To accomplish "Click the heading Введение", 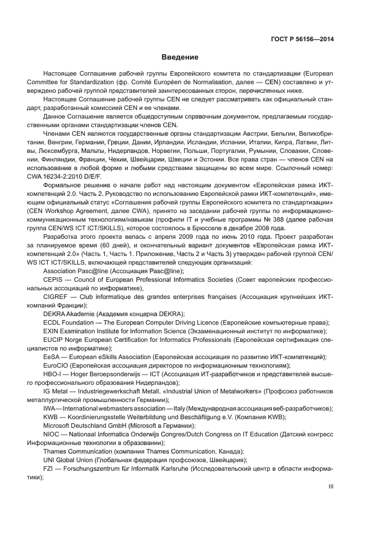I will pos(179,57).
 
